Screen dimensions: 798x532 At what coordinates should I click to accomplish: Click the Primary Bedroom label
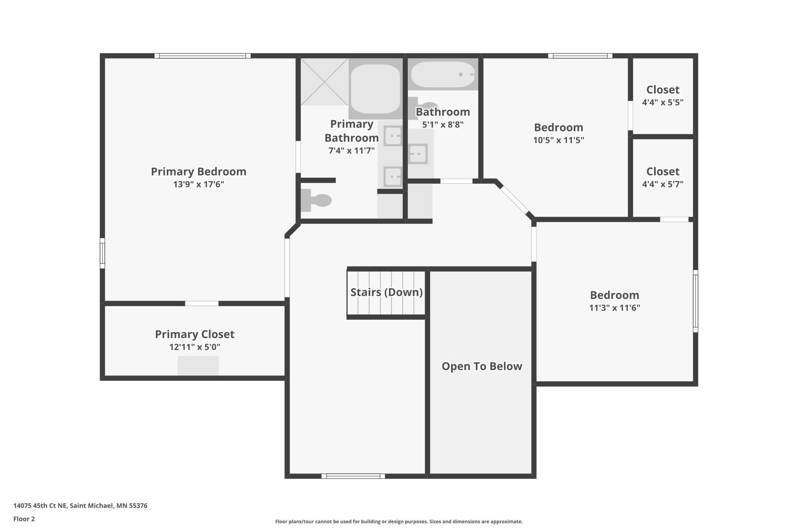pyautogui.click(x=198, y=172)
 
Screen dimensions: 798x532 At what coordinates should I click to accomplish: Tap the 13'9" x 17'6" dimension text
pyautogui.click(x=198, y=184)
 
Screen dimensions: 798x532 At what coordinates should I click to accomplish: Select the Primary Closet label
pyautogui.click(x=195, y=334)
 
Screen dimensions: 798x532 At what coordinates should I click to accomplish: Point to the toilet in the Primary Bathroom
pyautogui.click(x=316, y=200)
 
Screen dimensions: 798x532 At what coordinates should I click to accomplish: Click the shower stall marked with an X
pyautogui.click(x=324, y=82)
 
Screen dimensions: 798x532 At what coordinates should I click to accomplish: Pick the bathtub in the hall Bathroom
pyautogui.click(x=443, y=74)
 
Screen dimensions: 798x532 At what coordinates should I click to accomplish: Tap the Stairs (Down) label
pyautogui.click(x=386, y=292)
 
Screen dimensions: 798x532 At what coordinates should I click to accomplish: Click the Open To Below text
pyautogui.click(x=481, y=366)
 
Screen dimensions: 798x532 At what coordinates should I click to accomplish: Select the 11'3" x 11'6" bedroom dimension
pyautogui.click(x=614, y=308)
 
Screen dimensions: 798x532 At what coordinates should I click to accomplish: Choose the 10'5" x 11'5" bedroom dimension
pyautogui.click(x=558, y=140)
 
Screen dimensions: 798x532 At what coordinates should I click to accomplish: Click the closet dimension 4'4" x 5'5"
pyautogui.click(x=663, y=102)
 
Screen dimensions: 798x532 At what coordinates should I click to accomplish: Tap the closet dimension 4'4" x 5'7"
pyautogui.click(x=663, y=184)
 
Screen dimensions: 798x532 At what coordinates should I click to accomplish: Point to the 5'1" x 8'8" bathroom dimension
pyautogui.click(x=443, y=125)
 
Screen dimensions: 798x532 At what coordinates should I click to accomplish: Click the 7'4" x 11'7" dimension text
pyautogui.click(x=351, y=150)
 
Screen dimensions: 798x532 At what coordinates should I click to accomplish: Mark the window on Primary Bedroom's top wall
pyautogui.click(x=203, y=56)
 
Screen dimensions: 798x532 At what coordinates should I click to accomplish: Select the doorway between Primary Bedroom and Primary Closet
pyautogui.click(x=202, y=304)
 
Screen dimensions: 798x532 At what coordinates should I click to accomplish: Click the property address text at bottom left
pyautogui.click(x=80, y=506)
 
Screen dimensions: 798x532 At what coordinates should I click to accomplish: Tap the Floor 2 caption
pyautogui.click(x=24, y=519)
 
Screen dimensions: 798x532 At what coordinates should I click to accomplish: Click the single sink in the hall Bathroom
pyautogui.click(x=418, y=154)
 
